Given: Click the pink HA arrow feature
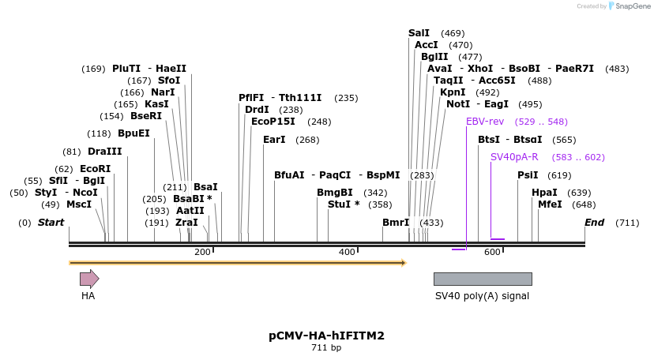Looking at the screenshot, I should click(88, 279).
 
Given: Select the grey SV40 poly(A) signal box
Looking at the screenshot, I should click(482, 279).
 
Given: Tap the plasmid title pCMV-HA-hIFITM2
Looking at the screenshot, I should click(326, 336).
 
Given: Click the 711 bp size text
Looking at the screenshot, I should click(326, 348).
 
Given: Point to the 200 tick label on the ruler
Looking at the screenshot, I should click(202, 252).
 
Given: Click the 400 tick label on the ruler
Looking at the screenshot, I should click(347, 252).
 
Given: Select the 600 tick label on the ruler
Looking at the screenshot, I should click(492, 252).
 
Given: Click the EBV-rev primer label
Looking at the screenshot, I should click(485, 122).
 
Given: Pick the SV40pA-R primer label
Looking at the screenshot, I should click(514, 157).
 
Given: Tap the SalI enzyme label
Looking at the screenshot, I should click(419, 33).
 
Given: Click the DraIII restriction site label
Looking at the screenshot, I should click(105, 152).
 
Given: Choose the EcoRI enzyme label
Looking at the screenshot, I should click(95, 169).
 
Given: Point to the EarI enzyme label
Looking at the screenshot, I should click(274, 140).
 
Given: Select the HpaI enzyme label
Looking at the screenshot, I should click(544, 193).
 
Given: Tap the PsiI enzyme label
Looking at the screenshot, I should click(528, 175).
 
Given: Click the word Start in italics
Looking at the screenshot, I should click(51, 223).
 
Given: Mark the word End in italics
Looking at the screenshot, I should click(594, 223).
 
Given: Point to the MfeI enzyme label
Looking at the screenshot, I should click(550, 204).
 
